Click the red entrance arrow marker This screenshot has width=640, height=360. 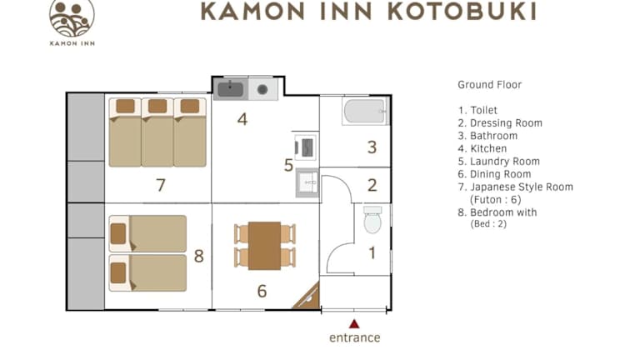[354, 324]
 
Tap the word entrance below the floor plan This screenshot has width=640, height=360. [355, 338]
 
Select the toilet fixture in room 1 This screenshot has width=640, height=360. [372, 220]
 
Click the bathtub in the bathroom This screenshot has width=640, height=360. [365, 112]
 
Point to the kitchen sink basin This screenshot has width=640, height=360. [230, 89]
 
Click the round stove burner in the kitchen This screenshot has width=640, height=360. [262, 90]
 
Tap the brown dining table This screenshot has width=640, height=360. [264, 246]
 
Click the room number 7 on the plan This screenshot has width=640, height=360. [161, 185]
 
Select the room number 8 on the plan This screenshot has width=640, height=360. [199, 257]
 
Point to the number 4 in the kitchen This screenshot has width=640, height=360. [242, 119]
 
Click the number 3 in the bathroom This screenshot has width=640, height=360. [372, 147]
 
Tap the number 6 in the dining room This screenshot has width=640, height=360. [262, 291]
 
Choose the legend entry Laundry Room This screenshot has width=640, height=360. [499, 162]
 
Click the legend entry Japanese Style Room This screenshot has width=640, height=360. [516, 187]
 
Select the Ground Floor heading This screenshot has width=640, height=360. [490, 85]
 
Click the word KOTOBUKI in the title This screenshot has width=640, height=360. [462, 12]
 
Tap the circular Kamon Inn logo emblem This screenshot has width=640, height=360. [72, 17]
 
